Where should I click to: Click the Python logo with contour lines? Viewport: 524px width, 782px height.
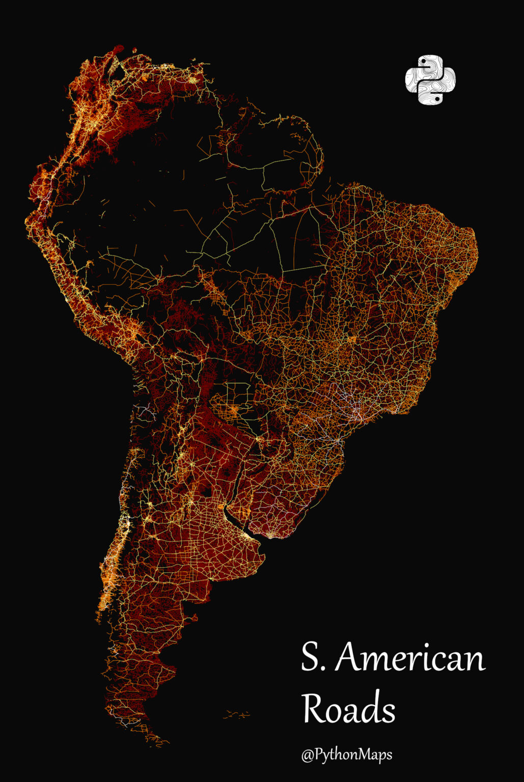point(430,80)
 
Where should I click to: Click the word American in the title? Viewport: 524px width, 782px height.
point(410,658)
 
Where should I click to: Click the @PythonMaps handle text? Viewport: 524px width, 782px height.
point(347,754)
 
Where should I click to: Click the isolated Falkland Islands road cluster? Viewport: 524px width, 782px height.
point(237,715)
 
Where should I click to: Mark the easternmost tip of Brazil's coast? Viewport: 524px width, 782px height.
point(477,249)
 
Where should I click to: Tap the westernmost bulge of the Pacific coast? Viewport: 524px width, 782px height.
point(26,221)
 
